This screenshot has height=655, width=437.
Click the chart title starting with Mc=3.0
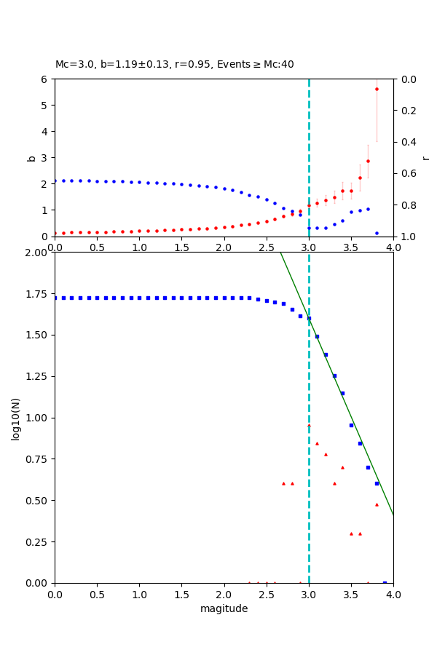point(175,64)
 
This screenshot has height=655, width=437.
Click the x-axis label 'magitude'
point(224,608)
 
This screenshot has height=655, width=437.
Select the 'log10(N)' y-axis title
point(15,418)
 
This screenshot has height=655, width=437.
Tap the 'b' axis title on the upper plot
point(31,157)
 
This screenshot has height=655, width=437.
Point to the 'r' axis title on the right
point(425,157)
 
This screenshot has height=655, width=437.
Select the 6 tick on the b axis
point(46,79)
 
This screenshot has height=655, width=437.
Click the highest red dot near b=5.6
point(377,90)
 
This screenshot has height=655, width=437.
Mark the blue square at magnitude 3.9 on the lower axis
point(385,582)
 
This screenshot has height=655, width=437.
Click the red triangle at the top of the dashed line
point(309,425)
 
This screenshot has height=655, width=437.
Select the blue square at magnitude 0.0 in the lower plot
point(55,298)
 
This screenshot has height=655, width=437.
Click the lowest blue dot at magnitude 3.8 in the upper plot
point(377,233)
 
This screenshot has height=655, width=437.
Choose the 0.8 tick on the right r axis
point(409,205)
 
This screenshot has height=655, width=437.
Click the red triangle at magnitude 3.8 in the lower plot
point(377,504)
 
